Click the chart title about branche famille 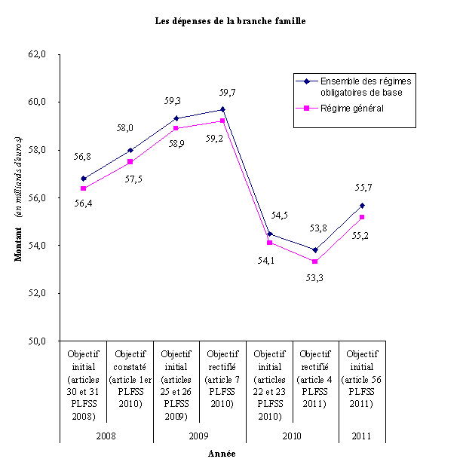tap(231, 20)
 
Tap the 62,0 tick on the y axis tap(37, 54)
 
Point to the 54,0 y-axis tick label tap(37, 245)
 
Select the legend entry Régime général tap(351, 109)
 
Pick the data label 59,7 tap(227, 93)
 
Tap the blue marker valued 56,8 tap(84, 179)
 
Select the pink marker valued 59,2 tap(223, 121)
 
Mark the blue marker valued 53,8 tap(315, 250)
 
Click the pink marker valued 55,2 tap(362, 217)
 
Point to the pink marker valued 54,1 tap(269, 243)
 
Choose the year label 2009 tap(199, 435)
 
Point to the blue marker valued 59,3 tap(176, 118)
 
